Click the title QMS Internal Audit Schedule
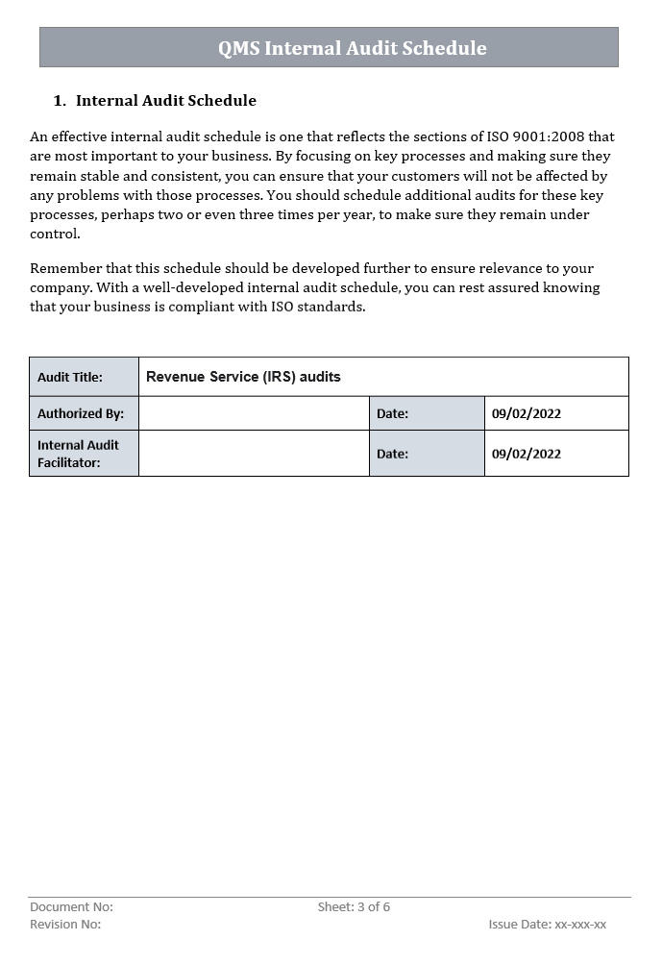pos(352,48)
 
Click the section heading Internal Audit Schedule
pos(166,101)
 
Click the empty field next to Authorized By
pos(254,413)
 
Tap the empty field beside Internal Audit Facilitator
pos(254,454)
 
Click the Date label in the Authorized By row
pos(392,413)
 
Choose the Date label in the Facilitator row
pos(392,454)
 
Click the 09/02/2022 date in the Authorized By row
pos(526,413)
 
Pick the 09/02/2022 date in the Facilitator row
pos(526,454)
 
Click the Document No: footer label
pos(71,907)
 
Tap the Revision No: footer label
pos(65,925)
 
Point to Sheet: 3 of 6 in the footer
pos(354,907)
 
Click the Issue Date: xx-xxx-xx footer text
pos(547,925)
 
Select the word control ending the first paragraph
pos(55,234)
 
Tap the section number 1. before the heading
pos(60,101)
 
